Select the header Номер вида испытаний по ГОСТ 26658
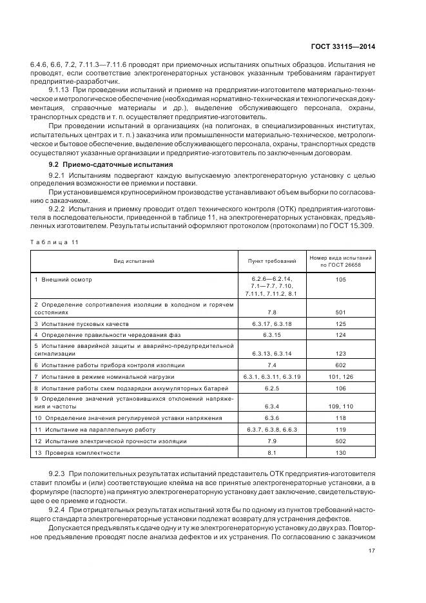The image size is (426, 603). tap(341, 261)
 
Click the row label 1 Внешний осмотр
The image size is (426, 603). tap(63, 280)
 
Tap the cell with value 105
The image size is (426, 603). tap(341, 280)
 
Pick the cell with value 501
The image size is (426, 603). tap(341, 312)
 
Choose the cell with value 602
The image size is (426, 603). tap(341, 365)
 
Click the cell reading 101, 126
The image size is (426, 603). tap(341, 376)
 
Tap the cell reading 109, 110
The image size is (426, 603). tap(341, 407)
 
